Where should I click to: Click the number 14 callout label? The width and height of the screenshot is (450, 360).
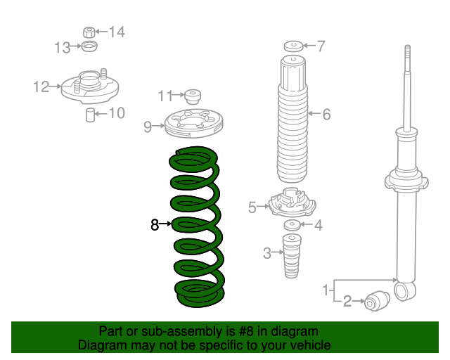pos(117,32)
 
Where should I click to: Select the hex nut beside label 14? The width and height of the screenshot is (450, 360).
pos(89,32)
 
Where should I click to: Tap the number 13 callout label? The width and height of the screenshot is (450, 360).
pos(63,48)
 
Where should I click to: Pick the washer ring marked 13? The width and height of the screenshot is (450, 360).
pos(89,46)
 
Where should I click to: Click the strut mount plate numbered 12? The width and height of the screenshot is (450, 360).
pos(90,86)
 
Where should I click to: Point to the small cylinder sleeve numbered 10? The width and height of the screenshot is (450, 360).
pos(91,115)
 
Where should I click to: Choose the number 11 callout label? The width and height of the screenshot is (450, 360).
pos(166,96)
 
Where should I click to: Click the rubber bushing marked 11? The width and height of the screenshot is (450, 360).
pos(193,97)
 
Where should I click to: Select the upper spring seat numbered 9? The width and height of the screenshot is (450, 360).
pos(194,123)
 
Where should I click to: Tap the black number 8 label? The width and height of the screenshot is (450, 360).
pos(155,224)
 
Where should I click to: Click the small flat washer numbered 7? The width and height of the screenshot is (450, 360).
pos(293,46)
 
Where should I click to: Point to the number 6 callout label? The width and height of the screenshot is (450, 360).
pos(326,115)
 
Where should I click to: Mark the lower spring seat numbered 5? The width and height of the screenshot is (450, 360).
pos(292,202)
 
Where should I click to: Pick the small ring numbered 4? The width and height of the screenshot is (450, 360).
pos(292,225)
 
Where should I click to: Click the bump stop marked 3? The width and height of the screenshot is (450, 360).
pos(292,256)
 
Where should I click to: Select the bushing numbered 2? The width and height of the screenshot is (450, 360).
pos(377,301)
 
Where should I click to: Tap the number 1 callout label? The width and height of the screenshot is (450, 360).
pos(326,290)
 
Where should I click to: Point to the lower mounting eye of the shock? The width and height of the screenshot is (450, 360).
pos(405,291)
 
